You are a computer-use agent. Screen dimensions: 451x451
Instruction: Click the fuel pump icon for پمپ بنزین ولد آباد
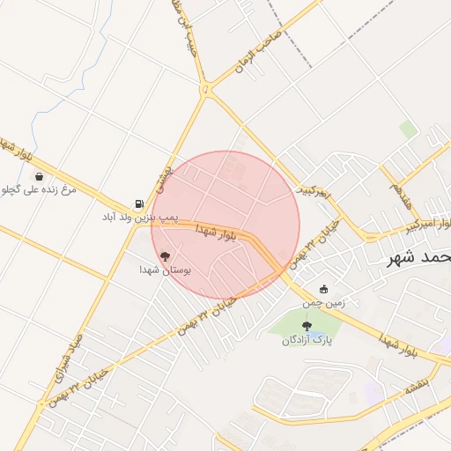point(138,203)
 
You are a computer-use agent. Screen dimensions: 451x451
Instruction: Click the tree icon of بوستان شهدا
point(166,256)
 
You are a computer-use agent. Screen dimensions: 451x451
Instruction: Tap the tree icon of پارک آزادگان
point(307,326)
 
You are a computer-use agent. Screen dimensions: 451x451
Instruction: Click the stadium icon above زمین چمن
point(324,289)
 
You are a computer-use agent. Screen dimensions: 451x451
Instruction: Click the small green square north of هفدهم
point(407,129)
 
